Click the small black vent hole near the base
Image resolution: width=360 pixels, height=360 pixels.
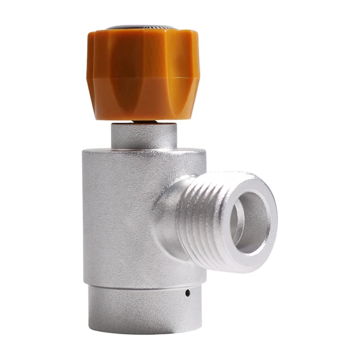click(187, 293)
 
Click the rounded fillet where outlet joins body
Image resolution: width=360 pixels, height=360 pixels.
click(163, 219)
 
